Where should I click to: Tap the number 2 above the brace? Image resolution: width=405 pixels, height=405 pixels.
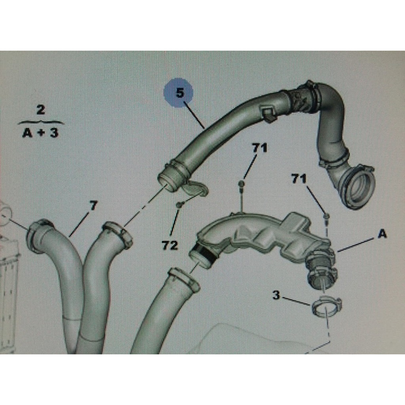tap(41, 110)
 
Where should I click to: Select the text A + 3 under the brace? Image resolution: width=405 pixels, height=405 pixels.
tap(41, 133)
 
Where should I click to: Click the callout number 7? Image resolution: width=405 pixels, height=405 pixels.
tap(93, 206)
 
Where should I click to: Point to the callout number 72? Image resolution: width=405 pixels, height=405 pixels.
tap(170, 245)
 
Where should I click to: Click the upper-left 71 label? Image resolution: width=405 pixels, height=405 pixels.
tap(259, 148)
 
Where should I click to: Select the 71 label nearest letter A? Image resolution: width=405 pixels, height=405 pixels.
tap(299, 178)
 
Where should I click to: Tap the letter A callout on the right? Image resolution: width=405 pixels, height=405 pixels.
tap(382, 234)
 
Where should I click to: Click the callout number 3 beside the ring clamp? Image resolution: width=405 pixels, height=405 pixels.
tap(276, 295)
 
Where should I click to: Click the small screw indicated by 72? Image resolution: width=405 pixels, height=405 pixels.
tap(179, 205)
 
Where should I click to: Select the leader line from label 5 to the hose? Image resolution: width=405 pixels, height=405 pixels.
tap(194, 115)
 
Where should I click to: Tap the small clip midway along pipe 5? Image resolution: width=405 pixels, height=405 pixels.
tap(269, 113)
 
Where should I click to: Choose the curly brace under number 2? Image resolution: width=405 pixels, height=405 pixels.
tap(41, 122)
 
